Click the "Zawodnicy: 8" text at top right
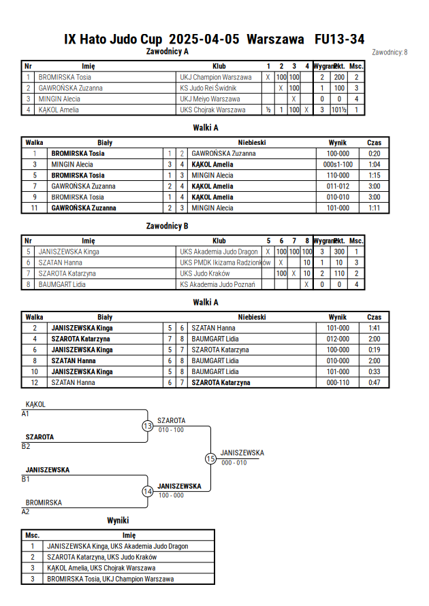[390, 52]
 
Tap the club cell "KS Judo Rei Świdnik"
[208, 88]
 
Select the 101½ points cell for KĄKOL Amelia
[339, 110]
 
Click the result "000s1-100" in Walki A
[338, 165]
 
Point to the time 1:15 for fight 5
[374, 175]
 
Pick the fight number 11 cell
[35, 208]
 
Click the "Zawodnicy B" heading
[167, 226]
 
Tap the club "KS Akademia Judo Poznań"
[217, 284]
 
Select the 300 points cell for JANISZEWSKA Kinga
[339, 252]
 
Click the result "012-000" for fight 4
[338, 339]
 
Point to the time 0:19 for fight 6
[374, 350]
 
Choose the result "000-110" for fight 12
[338, 383]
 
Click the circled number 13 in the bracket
[147, 426]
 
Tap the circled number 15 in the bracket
[210, 459]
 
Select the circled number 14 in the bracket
[147, 492]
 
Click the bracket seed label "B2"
[25, 446]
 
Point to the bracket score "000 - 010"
[234, 462]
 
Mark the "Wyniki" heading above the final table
[118, 520]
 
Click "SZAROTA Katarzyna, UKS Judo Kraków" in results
[101, 557]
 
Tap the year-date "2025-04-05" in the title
[204, 39]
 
